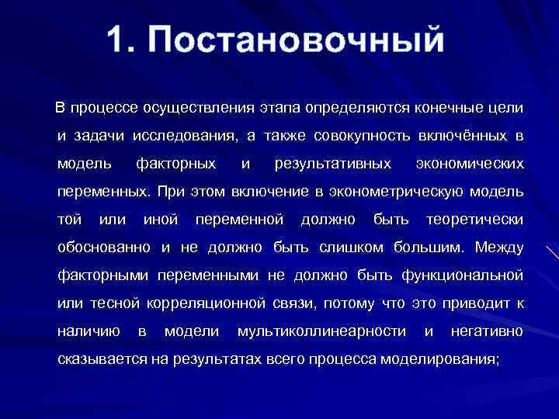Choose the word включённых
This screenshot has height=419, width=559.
coord(452,136)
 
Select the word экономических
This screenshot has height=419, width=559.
coord(470,164)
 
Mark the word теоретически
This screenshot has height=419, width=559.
coord(474,220)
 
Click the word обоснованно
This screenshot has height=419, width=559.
coord(105,248)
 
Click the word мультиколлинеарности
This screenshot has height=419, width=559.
coord(321,331)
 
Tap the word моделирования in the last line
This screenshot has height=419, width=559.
coord(440,360)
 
